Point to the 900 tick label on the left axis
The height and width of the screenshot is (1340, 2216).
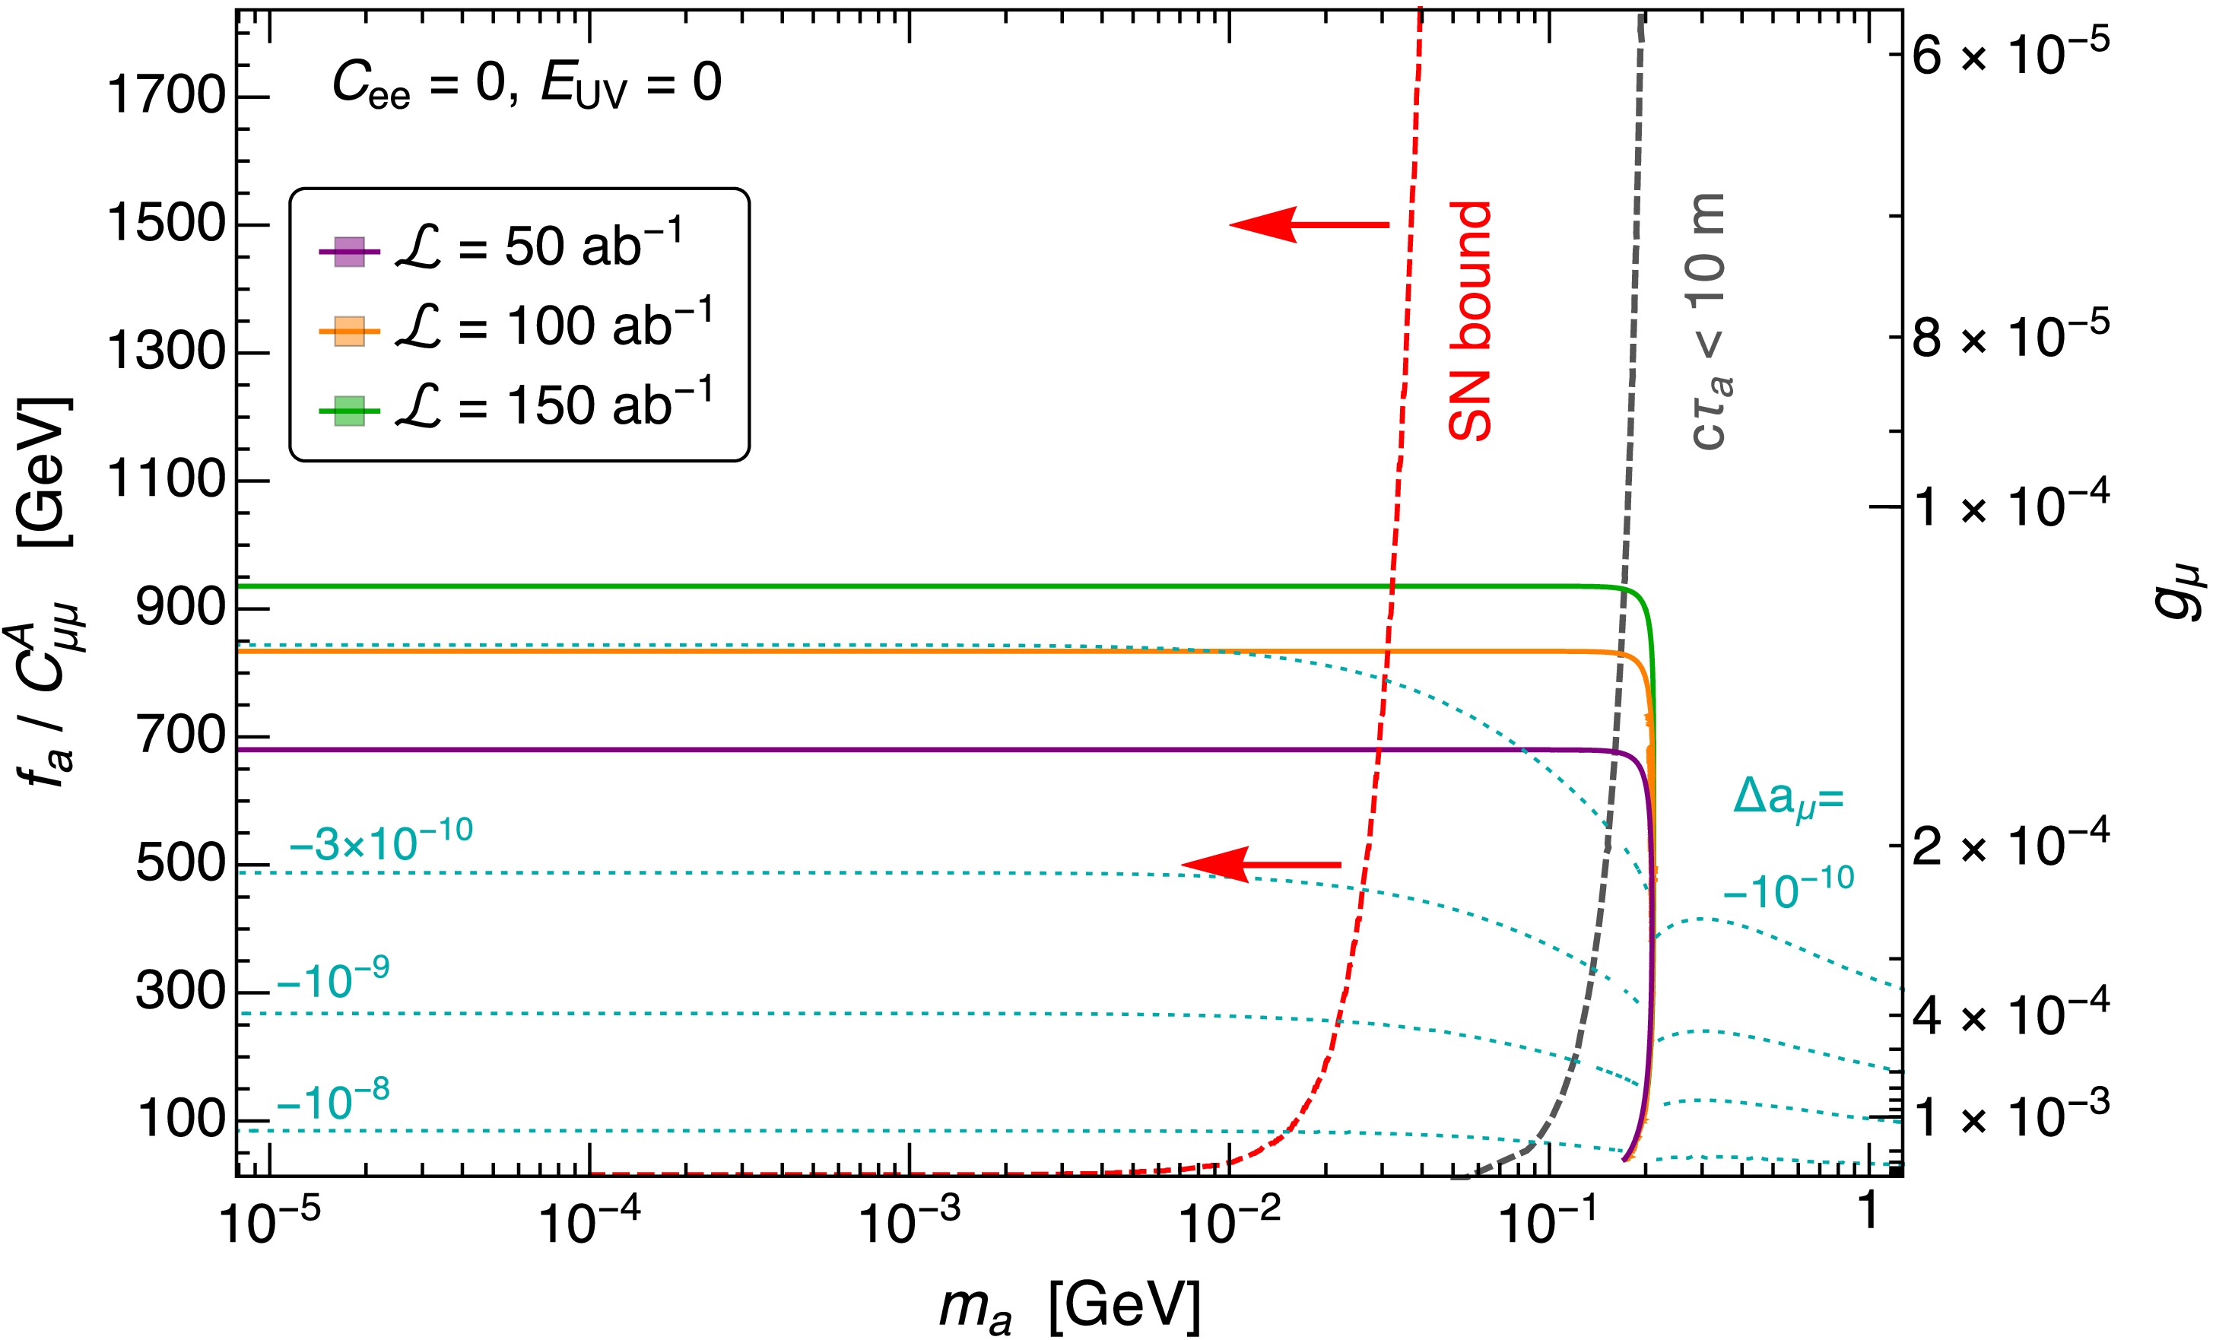180,609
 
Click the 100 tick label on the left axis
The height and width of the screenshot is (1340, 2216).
180,1120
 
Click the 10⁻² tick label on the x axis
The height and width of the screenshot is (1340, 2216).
1228,1223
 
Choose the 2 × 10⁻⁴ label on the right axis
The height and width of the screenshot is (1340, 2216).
2010,846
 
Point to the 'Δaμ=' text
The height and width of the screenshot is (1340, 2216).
1788,798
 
